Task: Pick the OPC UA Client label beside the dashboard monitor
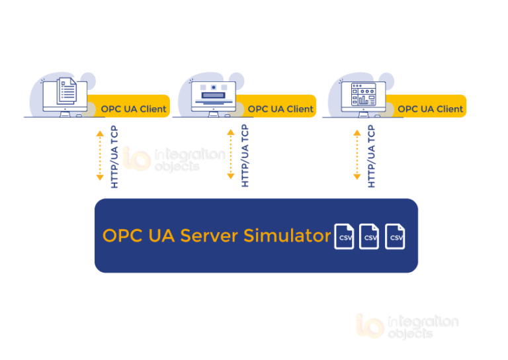point(430,109)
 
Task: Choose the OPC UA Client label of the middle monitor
point(280,109)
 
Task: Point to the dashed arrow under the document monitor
point(100,155)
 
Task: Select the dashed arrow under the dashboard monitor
point(357,155)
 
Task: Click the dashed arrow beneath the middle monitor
point(231,155)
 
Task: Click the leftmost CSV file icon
point(344,236)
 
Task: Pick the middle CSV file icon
point(369,236)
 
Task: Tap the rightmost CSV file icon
point(395,236)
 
